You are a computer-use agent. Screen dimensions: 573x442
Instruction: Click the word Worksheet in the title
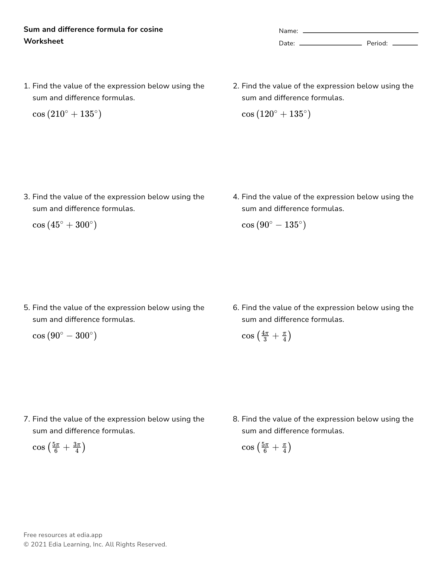point(44,41)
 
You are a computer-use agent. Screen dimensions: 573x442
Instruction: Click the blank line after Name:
point(360,32)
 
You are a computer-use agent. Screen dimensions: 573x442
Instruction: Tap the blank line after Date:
point(330,45)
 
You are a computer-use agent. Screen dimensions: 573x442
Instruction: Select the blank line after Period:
point(405,45)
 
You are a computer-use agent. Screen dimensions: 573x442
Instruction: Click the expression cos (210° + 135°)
point(67,114)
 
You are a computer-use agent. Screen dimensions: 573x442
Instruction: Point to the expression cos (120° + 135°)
point(276,114)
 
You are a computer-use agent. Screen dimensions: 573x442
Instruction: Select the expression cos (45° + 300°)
point(65,225)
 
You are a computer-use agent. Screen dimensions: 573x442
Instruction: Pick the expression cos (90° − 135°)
point(274,225)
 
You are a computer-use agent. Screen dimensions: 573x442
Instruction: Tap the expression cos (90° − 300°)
point(65,336)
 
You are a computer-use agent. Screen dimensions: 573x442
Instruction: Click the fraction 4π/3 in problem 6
point(265,336)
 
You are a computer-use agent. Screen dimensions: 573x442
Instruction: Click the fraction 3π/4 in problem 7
point(77,447)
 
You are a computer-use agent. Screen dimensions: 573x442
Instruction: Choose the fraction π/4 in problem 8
point(284,447)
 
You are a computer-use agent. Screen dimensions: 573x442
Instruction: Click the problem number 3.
point(27,197)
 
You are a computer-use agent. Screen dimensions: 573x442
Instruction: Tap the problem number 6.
point(236,308)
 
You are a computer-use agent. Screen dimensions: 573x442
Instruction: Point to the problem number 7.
point(27,419)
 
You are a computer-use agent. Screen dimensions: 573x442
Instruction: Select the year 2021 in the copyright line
point(38,544)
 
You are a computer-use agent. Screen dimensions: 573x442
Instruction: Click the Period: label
point(377,43)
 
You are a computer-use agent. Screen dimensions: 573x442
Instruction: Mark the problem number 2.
point(236,86)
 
